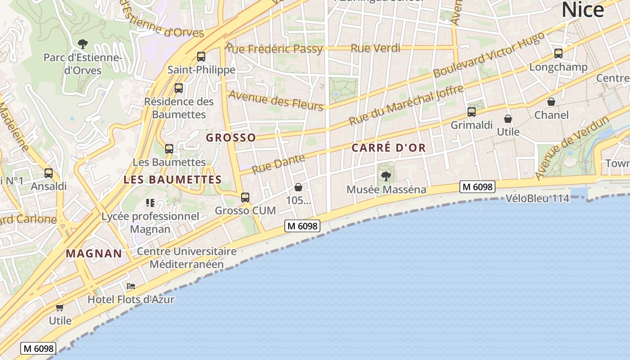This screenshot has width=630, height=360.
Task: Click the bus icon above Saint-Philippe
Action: [x=201, y=57]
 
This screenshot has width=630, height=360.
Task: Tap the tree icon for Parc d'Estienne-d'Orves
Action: [x=82, y=44]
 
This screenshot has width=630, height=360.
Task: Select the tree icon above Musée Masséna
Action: [x=386, y=176]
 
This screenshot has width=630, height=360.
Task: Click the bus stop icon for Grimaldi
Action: [x=472, y=112]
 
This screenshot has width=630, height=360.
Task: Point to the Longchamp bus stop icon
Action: [x=558, y=54]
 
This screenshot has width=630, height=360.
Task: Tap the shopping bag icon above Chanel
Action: [x=551, y=102]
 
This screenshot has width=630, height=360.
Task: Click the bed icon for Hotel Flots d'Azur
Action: [x=131, y=286]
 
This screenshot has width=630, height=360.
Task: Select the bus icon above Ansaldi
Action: [x=49, y=173]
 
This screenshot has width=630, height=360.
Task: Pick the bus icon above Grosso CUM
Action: [x=245, y=197]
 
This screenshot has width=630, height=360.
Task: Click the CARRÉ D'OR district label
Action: [x=389, y=148]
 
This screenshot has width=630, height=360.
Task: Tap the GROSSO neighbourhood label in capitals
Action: [x=231, y=138]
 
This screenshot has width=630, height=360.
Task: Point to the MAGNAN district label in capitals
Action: [x=94, y=253]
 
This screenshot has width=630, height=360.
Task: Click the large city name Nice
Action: [x=583, y=10]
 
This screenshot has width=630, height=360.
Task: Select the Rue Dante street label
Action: [x=278, y=164]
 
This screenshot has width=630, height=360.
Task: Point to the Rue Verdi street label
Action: [x=375, y=48]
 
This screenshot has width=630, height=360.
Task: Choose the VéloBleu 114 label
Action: [x=537, y=198]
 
